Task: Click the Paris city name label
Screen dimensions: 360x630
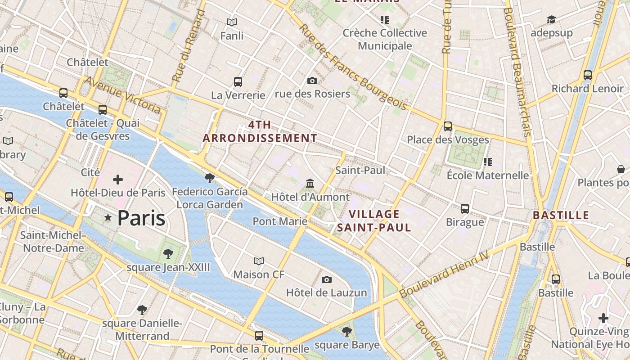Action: click(141, 218)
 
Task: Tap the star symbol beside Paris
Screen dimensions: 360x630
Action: click(108, 218)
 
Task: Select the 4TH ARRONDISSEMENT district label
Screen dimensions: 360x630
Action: click(260, 131)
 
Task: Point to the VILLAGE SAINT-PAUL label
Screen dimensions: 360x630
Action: click(374, 221)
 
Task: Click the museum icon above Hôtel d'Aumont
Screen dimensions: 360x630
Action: click(310, 183)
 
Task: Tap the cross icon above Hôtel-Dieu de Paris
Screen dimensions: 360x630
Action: click(118, 180)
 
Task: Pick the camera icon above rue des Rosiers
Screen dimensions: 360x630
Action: click(312, 81)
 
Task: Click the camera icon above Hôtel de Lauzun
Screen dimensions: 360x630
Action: click(327, 279)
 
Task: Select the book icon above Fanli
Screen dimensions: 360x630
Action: click(232, 22)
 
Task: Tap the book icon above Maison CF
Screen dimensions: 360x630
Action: click(259, 261)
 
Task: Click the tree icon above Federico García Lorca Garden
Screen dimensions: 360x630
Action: click(209, 178)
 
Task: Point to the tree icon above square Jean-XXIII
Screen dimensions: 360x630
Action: click(168, 254)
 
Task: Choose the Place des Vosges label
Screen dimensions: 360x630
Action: click(448, 139)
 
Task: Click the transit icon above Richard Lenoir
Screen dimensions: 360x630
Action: click(588, 75)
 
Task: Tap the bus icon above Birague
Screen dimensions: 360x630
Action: click(465, 209)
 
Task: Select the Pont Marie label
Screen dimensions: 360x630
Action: click(280, 221)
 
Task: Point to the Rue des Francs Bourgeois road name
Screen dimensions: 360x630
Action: click(353, 67)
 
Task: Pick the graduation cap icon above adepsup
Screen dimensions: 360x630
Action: click(551, 19)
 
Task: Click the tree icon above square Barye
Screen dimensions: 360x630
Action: click(346, 332)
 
